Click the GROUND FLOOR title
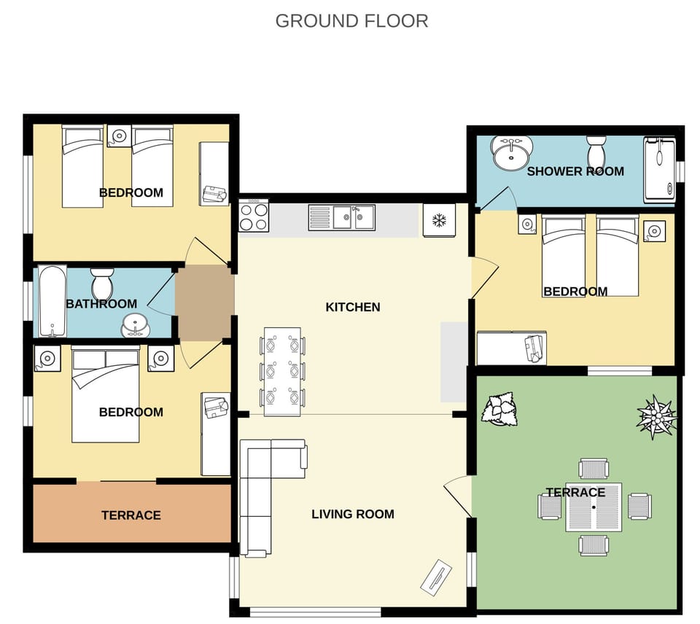tap(351, 21)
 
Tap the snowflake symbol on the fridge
tap(439, 220)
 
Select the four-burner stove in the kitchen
tap(254, 216)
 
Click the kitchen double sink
tap(341, 217)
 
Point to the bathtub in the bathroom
tap(52, 301)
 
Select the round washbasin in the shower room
tap(512, 153)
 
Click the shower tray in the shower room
tap(659, 170)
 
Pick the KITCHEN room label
tap(353, 307)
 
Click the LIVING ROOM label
tap(353, 514)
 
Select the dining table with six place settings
tap(282, 372)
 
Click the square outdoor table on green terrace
tap(594, 507)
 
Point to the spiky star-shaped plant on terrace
tap(657, 417)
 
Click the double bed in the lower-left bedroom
tap(106, 394)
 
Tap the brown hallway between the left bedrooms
tap(204, 303)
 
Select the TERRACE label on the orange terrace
tap(131, 515)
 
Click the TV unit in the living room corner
tap(436, 577)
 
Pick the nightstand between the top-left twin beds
tap(119, 136)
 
